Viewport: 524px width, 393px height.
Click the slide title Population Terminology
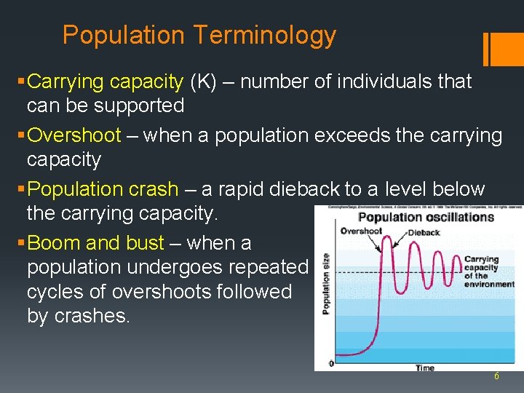[x=199, y=35]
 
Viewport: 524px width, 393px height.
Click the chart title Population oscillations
[x=426, y=217]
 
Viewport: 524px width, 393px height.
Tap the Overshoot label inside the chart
[x=362, y=231]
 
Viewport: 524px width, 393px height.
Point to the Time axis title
[x=424, y=368]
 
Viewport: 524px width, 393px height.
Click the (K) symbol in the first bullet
[x=203, y=82]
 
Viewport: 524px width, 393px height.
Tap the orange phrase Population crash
[x=102, y=189]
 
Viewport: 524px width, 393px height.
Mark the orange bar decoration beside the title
[x=498, y=49]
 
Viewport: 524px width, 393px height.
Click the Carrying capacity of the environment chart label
[x=488, y=271]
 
